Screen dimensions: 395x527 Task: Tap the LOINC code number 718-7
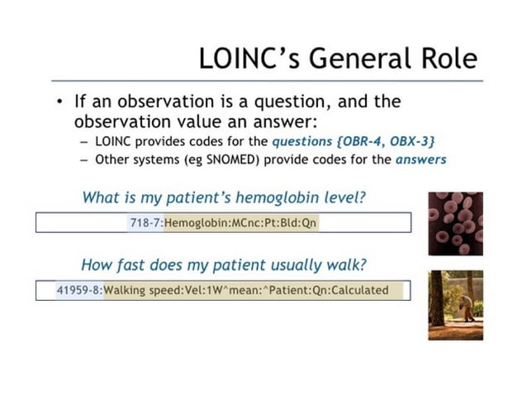[x=145, y=223]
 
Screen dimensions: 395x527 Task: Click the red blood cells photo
[x=455, y=223]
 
